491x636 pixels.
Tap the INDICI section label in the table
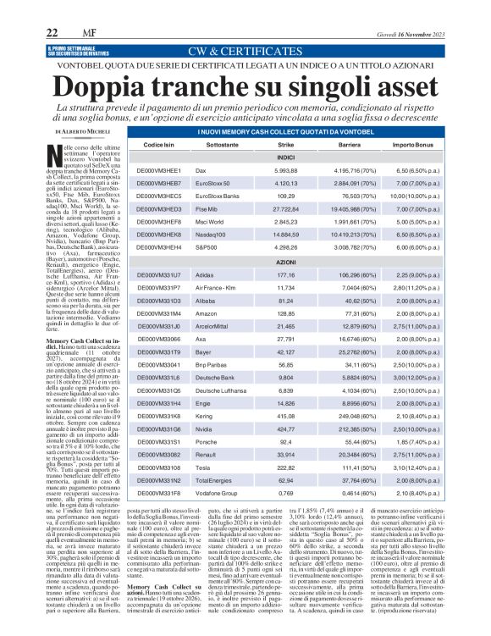[285, 158]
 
